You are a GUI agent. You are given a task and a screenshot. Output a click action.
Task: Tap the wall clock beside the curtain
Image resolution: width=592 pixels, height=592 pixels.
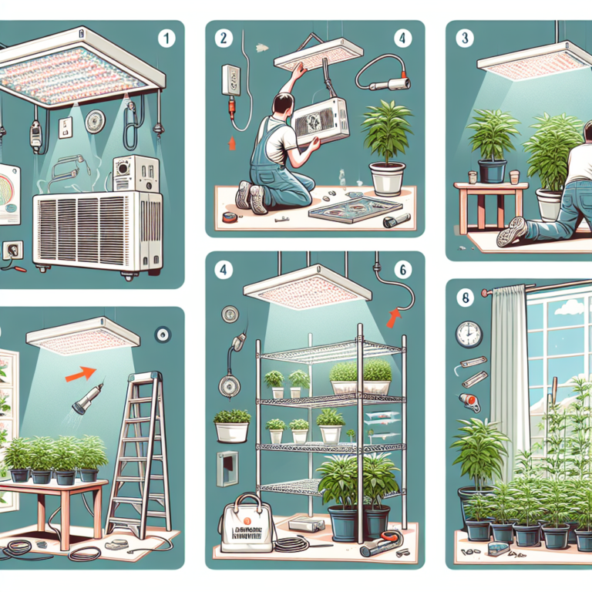point(468,334)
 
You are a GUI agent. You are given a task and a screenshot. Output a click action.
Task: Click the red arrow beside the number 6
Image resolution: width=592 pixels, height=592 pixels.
point(395,316)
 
